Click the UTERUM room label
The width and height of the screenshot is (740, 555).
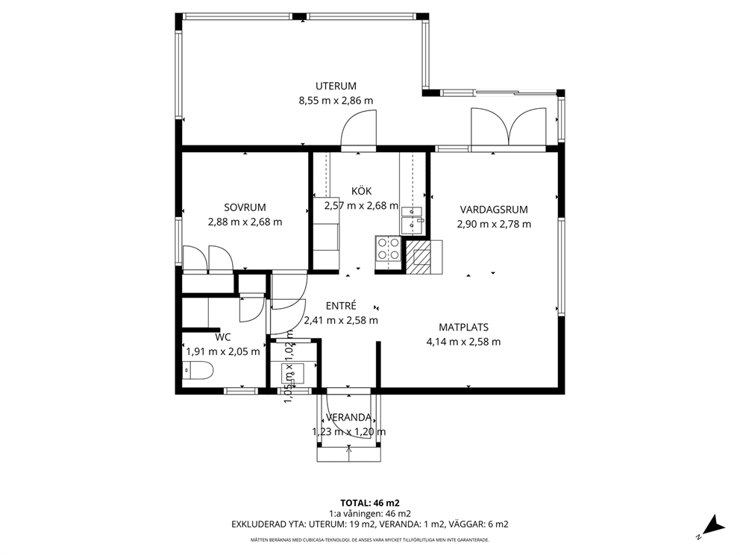tap(336, 86)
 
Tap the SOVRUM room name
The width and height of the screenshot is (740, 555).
tap(245, 207)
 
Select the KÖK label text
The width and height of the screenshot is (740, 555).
tap(362, 191)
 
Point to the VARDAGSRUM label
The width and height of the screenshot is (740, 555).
tap(494, 210)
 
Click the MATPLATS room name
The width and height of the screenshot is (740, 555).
tap(463, 327)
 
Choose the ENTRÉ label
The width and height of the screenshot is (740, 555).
tap(341, 306)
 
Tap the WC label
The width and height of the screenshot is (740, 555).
tap(223, 337)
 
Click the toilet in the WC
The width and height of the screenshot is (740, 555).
tap(198, 370)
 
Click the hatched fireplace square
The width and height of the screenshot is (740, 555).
tap(418, 257)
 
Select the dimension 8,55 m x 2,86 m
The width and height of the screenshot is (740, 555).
tap(336, 101)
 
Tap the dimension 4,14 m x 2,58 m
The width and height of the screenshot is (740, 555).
tap(463, 342)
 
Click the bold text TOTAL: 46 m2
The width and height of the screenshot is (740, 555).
tap(370, 503)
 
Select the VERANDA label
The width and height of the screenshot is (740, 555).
tap(349, 417)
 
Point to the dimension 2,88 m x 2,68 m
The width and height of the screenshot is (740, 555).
tap(245, 222)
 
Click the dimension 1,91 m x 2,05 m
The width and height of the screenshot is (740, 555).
tap(223, 351)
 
